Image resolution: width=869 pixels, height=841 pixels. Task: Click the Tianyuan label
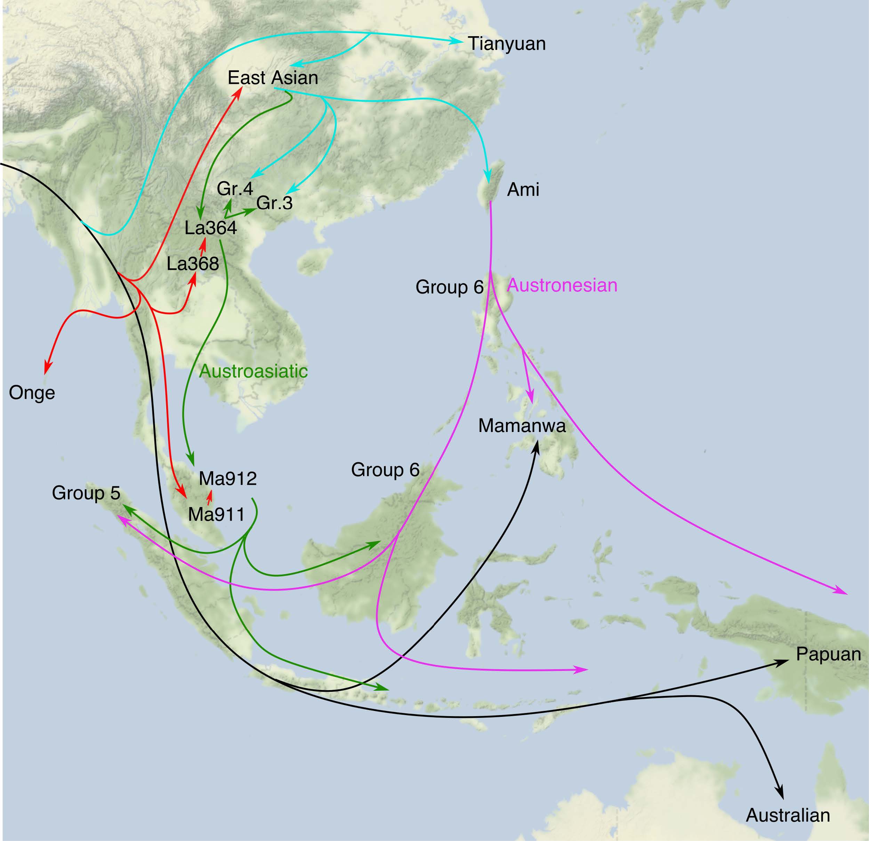point(507,44)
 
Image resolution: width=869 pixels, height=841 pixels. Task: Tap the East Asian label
point(273,78)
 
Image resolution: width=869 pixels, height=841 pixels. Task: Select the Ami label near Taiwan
point(523,190)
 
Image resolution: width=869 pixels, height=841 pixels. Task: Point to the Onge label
point(32,393)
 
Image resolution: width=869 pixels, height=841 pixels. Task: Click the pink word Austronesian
point(562,285)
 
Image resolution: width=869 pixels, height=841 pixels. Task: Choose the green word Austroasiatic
point(253,371)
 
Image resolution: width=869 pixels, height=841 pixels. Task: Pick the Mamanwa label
point(522,426)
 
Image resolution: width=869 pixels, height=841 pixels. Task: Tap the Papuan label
point(828,654)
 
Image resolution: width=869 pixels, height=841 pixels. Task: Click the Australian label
point(788,815)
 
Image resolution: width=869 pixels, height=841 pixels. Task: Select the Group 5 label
point(86,493)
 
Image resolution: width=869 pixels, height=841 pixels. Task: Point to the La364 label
point(211,228)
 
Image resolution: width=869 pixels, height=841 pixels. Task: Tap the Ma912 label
point(228,479)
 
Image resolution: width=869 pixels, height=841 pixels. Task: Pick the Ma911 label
point(216,514)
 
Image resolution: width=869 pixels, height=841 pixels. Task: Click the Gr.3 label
point(274,203)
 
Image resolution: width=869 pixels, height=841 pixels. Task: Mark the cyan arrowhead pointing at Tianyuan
point(457,41)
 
